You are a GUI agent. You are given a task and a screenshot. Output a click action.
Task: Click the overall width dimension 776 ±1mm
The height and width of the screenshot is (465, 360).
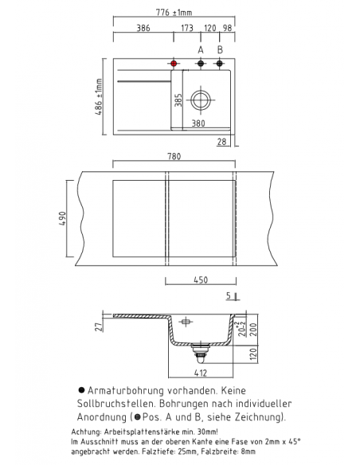174,12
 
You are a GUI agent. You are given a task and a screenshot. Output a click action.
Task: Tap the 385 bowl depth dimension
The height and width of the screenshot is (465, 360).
179,100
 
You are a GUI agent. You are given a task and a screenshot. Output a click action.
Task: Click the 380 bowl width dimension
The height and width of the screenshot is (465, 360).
198,123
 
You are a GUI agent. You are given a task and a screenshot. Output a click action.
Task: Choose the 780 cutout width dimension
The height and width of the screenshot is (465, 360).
174,156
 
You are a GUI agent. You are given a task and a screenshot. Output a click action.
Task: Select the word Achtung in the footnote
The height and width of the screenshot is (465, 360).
86,431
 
